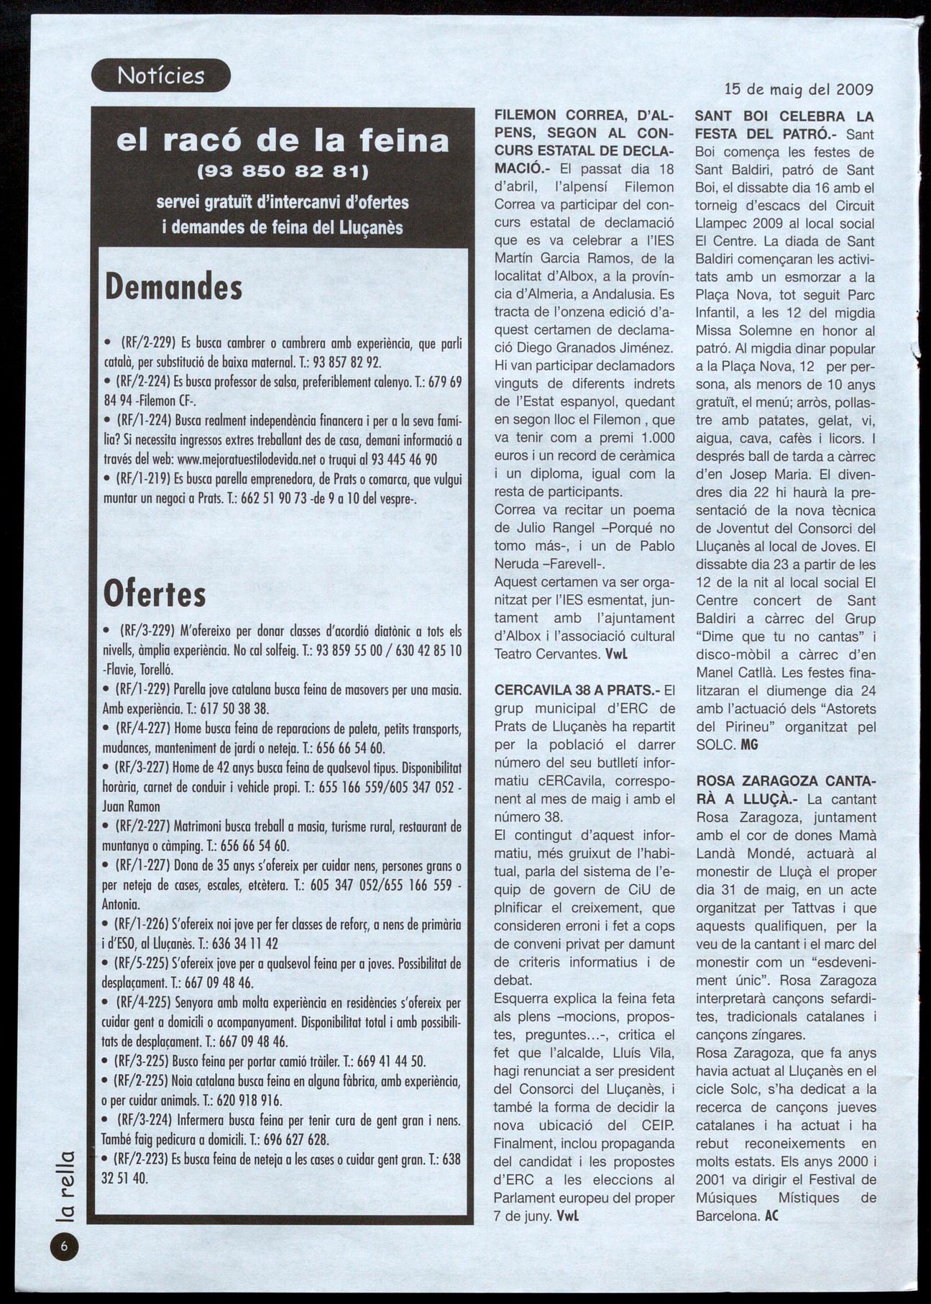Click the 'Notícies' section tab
pyautogui.click(x=161, y=76)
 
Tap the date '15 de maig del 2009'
pyautogui.click(x=799, y=91)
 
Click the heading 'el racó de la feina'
pyautogui.click(x=283, y=140)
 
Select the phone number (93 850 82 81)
pyautogui.click(x=282, y=173)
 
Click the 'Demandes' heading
pyautogui.click(x=173, y=287)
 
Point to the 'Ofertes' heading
pyautogui.click(x=155, y=594)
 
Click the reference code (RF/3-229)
pyautogui.click(x=150, y=631)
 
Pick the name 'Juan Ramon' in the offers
pyautogui.click(x=132, y=806)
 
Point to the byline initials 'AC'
pyautogui.click(x=771, y=1216)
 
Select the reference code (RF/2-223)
pyautogui.click(x=150, y=1159)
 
